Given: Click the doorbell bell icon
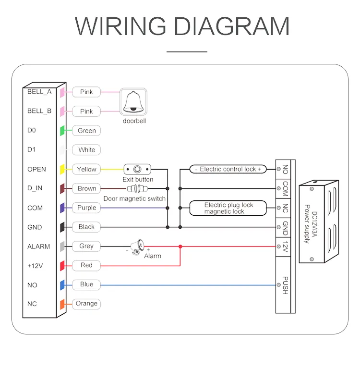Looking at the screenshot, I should (133, 102).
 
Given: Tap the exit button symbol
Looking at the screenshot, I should (137, 169).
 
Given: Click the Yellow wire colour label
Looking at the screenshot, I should (86, 169).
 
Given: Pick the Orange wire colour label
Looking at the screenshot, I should (86, 304).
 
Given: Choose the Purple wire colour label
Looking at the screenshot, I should (86, 208).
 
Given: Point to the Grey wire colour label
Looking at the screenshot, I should (86, 246).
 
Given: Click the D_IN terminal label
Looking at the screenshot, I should (35, 188).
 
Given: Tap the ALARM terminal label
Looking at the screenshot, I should (38, 246).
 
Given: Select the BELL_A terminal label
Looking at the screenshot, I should (39, 92).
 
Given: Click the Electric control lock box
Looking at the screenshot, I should (228, 169).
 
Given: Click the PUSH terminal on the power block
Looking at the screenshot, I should (285, 285).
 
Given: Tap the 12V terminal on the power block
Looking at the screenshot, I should (285, 246).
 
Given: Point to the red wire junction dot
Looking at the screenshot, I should (180, 246).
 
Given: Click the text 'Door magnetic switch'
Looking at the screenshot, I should (134, 198).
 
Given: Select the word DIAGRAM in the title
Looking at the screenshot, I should (231, 26).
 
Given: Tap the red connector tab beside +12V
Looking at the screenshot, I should (62, 265).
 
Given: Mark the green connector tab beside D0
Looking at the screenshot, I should (62, 131).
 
